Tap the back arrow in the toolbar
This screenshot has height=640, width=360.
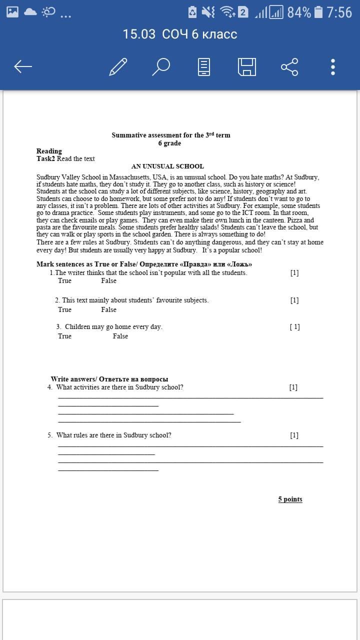click(23, 66)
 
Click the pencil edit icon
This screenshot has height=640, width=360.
click(118, 66)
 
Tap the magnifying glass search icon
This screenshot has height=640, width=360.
click(161, 66)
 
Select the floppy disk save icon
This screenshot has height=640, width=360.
click(246, 66)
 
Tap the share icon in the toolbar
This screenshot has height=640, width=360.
click(289, 66)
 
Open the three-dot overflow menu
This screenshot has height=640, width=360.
click(333, 66)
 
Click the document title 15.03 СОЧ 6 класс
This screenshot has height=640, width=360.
click(180, 34)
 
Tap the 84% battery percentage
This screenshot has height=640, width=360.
click(299, 12)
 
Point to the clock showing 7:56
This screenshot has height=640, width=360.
click(339, 12)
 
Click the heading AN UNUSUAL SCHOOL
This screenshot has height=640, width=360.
click(167, 166)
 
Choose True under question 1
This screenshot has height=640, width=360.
click(64, 280)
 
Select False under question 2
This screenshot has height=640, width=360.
click(108, 309)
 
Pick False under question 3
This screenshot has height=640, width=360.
click(120, 336)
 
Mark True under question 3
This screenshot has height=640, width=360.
click(64, 336)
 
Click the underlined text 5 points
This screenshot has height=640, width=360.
click(290, 499)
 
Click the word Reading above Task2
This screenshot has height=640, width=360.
click(49, 151)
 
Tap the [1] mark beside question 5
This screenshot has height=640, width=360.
click(294, 435)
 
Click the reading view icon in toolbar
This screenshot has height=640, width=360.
click(204, 66)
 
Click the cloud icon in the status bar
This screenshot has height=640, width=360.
click(30, 11)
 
